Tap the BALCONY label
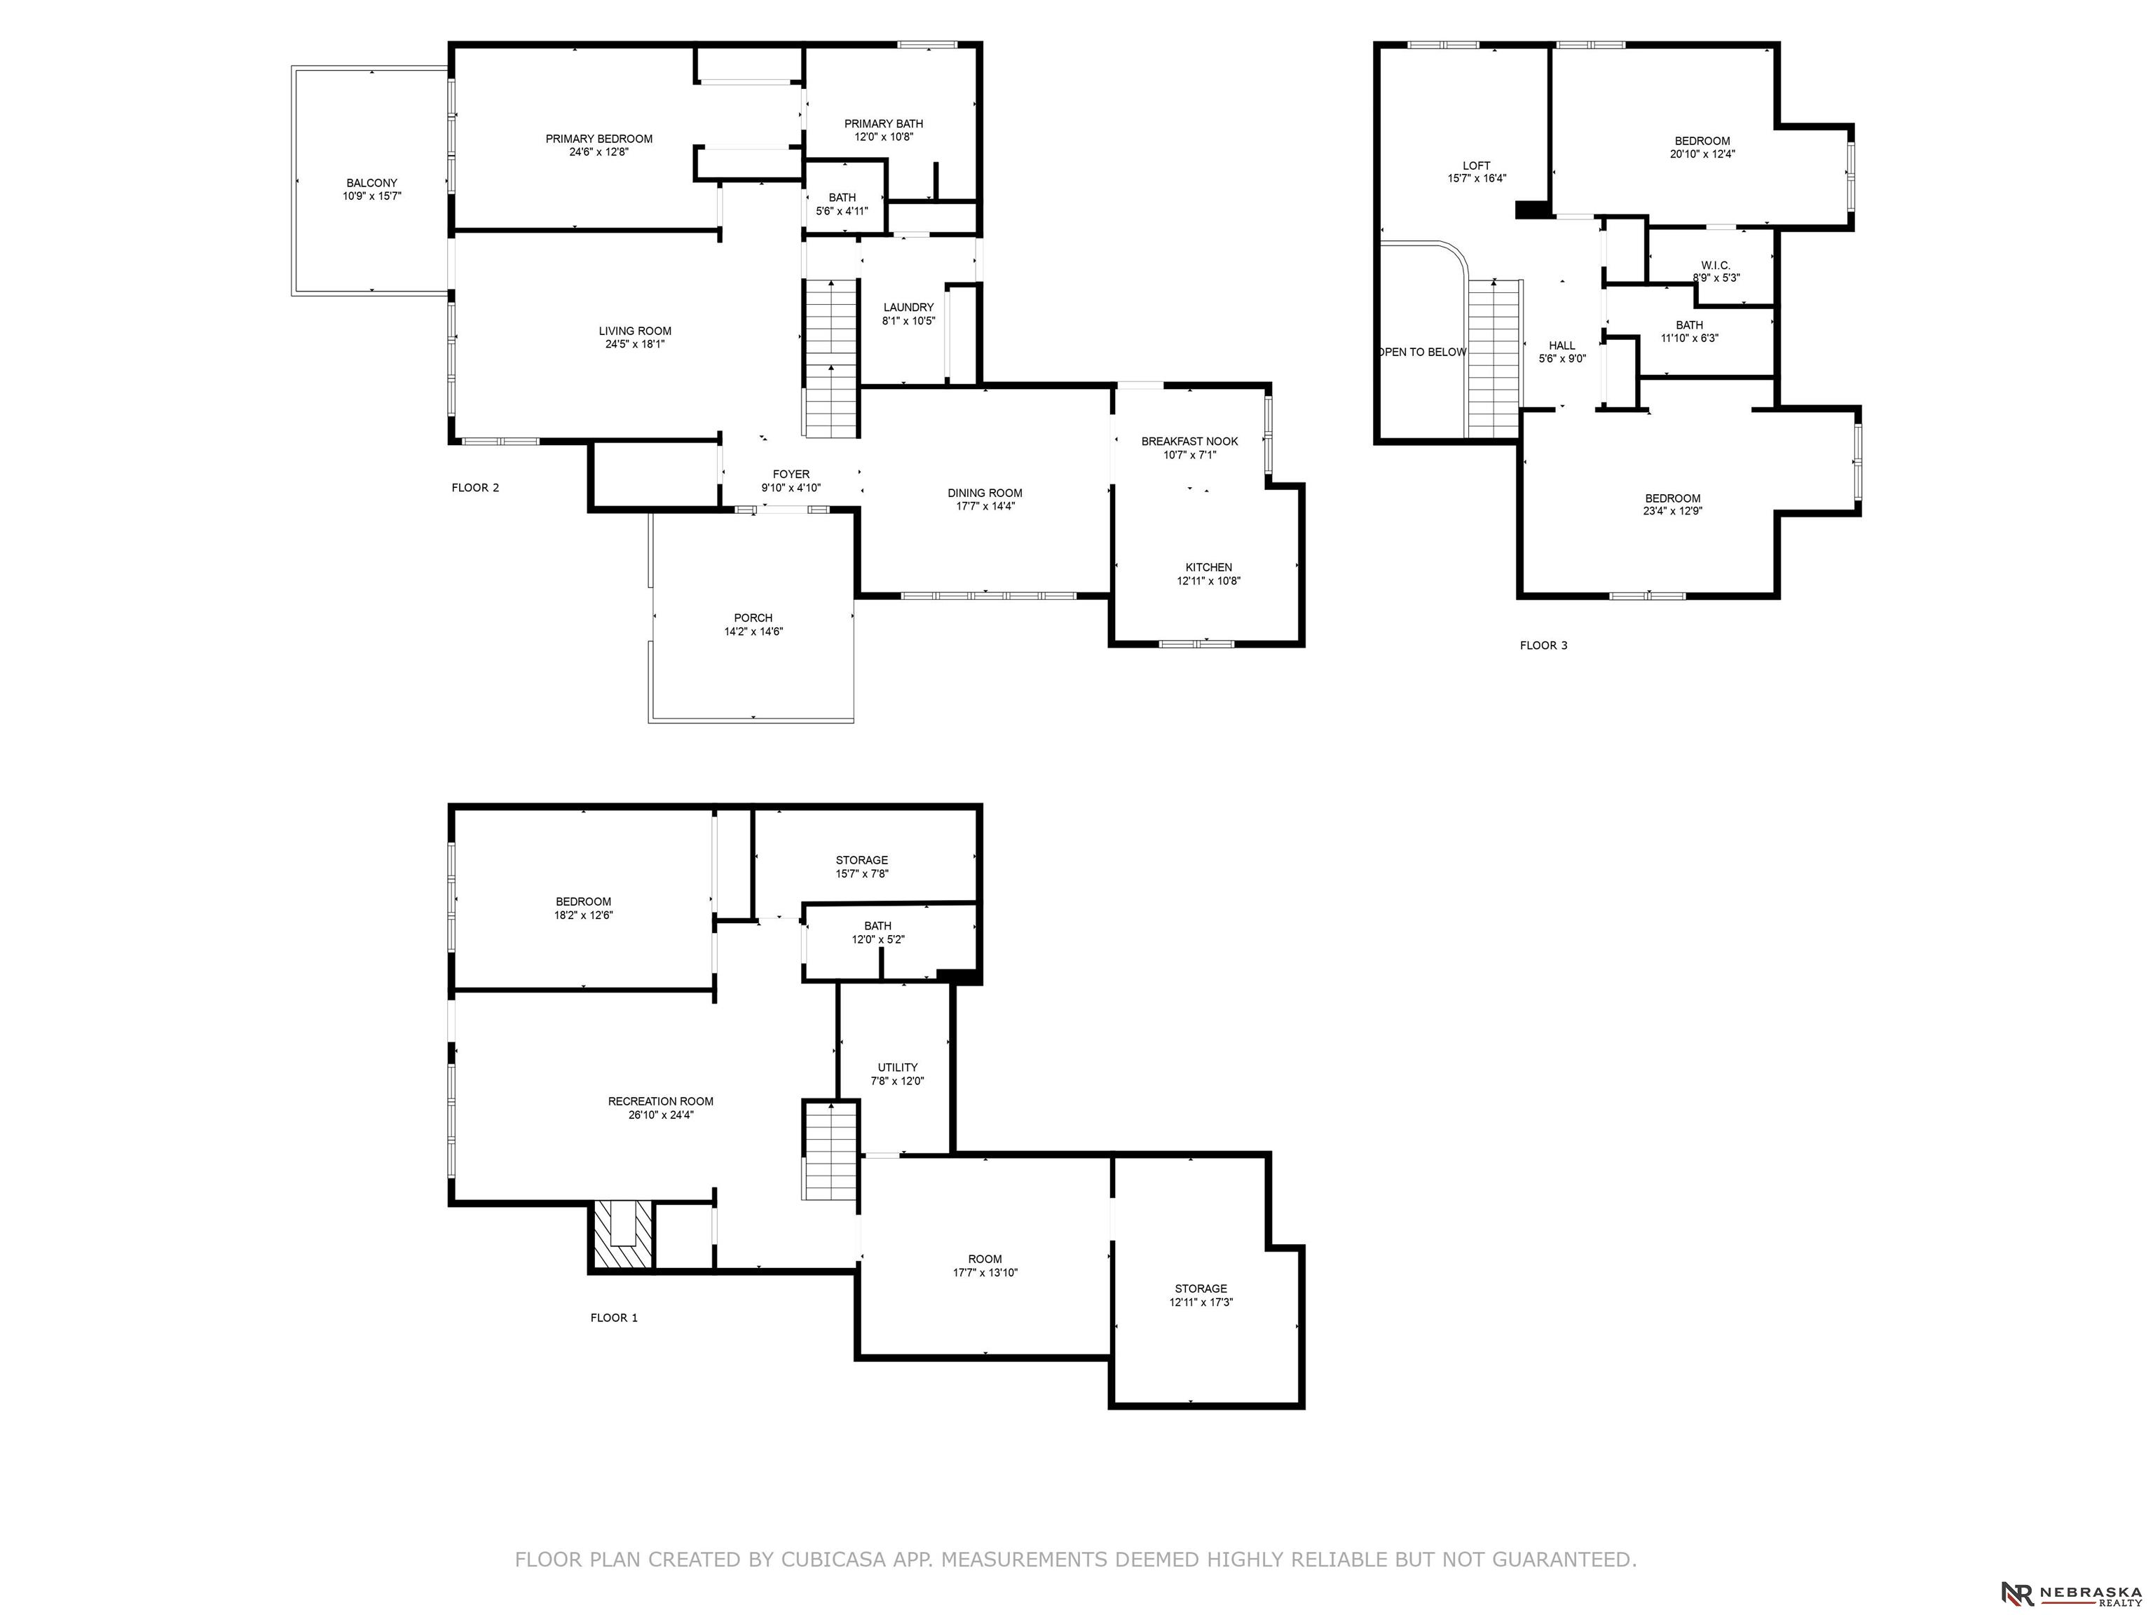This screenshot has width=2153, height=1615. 372,183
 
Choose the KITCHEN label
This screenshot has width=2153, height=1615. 1209,568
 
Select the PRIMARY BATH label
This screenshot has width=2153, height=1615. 884,123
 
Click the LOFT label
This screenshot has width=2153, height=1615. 1477,165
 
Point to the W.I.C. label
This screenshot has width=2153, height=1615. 1716,266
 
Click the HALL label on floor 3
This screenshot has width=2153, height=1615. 1562,346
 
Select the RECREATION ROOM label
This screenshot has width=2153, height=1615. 661,1102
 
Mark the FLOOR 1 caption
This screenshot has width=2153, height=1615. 614,1318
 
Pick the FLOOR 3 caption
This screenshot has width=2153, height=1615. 1544,646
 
